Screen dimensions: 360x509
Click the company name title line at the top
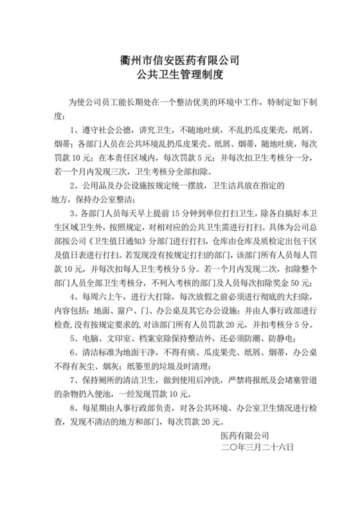180,61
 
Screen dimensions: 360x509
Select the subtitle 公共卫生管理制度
180,76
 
